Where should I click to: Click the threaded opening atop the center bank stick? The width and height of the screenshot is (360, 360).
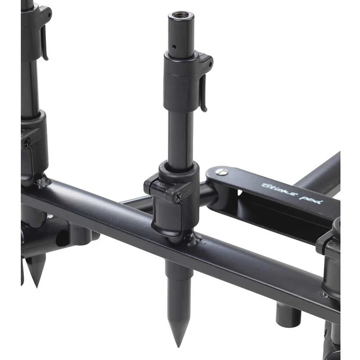coord(182,16)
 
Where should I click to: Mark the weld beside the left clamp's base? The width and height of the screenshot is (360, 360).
coord(44,182)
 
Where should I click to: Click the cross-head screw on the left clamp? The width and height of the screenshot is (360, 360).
coord(27,143)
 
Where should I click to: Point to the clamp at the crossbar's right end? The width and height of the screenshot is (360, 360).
coord(331,261)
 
